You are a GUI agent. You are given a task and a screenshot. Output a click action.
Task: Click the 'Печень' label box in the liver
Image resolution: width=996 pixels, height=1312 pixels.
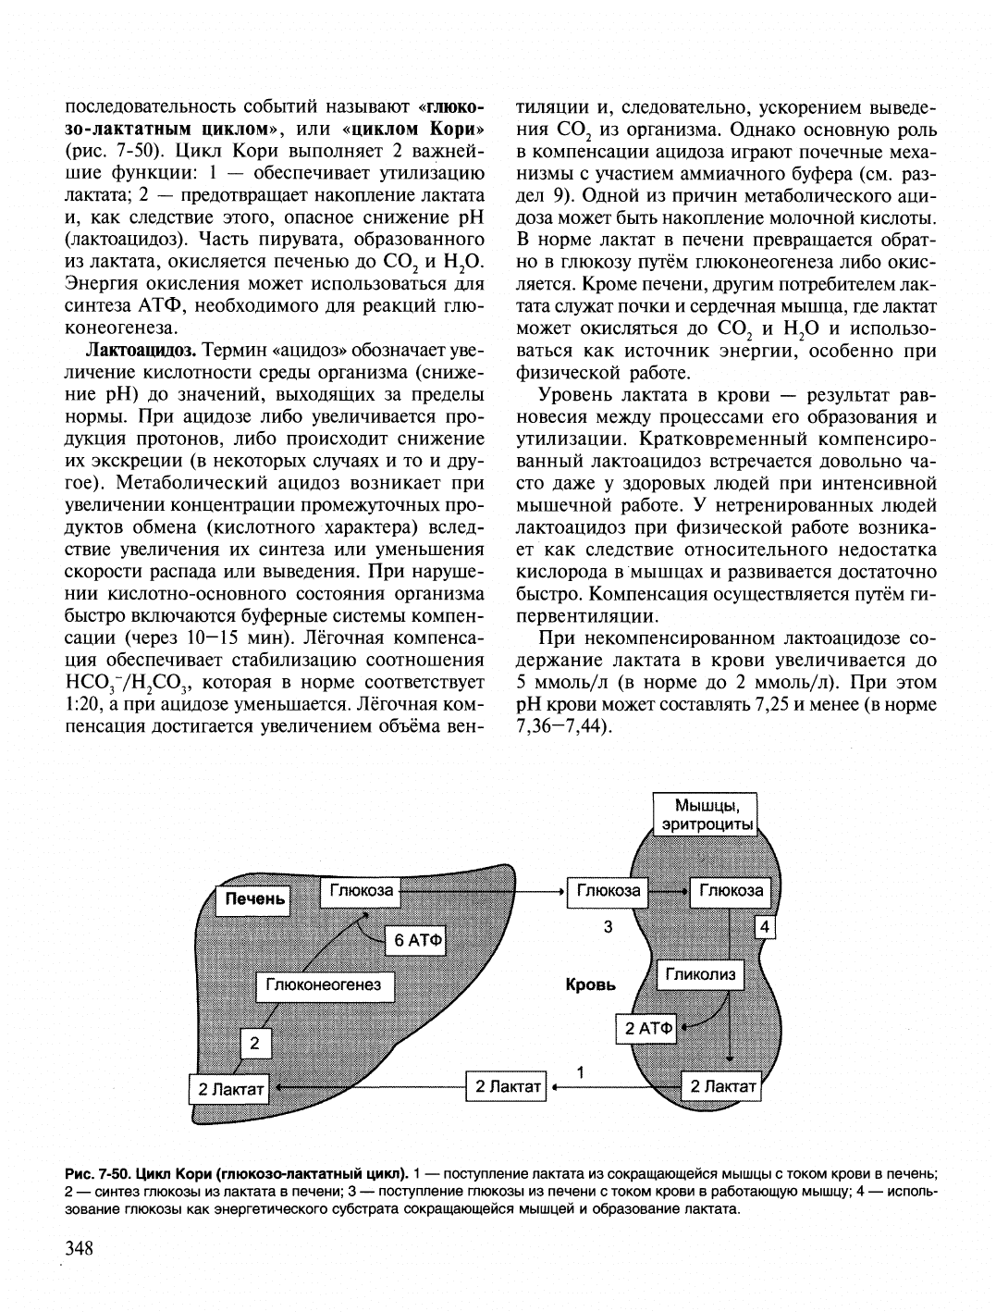tap(252, 898)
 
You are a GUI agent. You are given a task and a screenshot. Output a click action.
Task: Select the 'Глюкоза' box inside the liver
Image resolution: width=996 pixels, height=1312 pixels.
tap(361, 891)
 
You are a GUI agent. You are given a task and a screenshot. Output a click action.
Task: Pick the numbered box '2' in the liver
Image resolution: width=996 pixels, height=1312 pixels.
tap(254, 1044)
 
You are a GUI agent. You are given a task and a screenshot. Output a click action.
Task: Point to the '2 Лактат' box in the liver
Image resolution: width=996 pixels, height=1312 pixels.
tap(228, 1088)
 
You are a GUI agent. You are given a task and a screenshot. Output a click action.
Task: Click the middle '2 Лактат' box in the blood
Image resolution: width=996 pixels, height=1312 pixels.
tap(507, 1086)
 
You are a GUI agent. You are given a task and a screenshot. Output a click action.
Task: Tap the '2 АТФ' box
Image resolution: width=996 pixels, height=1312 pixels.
tap(649, 1027)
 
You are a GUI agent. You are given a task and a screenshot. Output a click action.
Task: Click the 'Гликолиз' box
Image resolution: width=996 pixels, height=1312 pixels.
tap(700, 974)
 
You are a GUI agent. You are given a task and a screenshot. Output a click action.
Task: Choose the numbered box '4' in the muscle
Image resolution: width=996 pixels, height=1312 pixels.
tap(765, 926)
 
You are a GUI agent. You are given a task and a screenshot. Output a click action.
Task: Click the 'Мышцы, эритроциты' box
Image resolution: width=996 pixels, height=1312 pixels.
tap(703, 814)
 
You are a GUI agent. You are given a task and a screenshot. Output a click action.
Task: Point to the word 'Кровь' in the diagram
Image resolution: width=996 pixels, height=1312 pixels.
tap(590, 985)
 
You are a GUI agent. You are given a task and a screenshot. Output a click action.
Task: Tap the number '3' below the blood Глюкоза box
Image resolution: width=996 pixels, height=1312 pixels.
tap(608, 927)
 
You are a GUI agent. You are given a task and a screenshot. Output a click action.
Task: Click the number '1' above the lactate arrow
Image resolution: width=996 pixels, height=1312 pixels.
tap(580, 1071)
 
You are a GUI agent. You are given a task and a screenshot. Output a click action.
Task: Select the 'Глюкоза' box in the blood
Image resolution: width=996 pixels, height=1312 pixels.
tap(608, 891)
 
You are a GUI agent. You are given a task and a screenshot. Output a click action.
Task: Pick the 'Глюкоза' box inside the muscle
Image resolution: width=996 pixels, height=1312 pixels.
tap(731, 891)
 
